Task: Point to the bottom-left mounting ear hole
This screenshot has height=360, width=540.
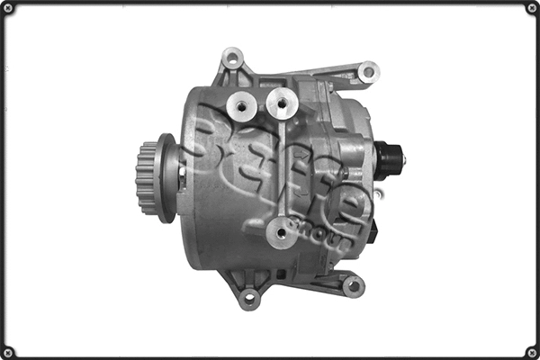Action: pyautogui.click(x=249, y=297)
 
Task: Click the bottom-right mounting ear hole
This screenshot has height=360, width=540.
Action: pyautogui.click(x=352, y=287)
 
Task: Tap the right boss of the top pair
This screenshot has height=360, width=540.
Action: pyautogui.click(x=283, y=106)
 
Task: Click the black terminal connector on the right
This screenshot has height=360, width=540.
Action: pyautogui.click(x=388, y=159)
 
